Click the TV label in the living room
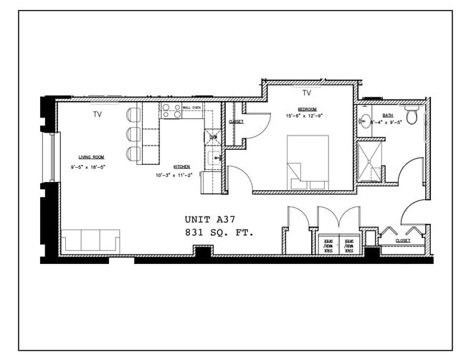pyautogui.click(x=97, y=114)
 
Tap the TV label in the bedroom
pyautogui.click(x=306, y=93)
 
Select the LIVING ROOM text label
pyautogui.click(x=91, y=156)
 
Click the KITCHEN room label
pyautogui.click(x=181, y=166)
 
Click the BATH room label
pyautogui.click(x=387, y=115)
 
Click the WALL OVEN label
pyautogui.click(x=191, y=107)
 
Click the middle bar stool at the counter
pyautogui.click(x=133, y=134)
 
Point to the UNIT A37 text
pyautogui.click(x=209, y=219)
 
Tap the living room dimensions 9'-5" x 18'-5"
pyautogui.click(x=87, y=166)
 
